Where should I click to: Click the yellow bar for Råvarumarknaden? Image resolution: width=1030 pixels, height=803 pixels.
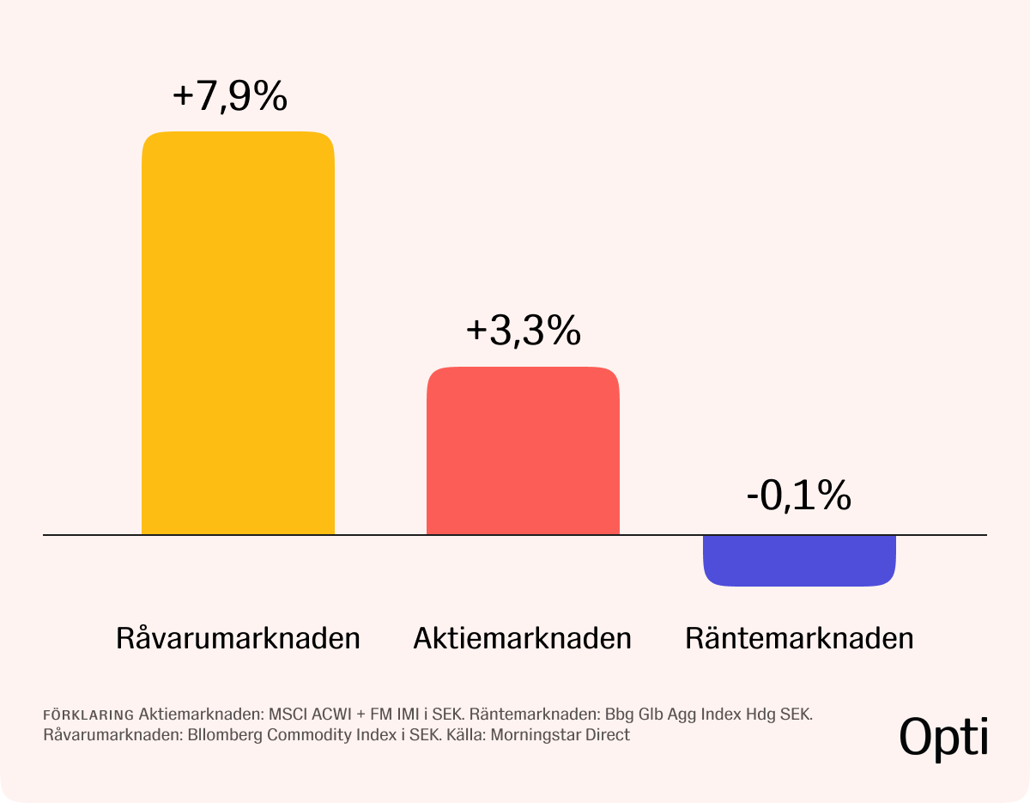pyautogui.click(x=238, y=333)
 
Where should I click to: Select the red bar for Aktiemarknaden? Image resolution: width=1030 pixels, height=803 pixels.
pyautogui.click(x=523, y=451)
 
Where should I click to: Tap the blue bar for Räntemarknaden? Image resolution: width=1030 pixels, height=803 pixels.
pyautogui.click(x=799, y=561)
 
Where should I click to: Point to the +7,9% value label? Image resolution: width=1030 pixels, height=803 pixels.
pyautogui.click(x=230, y=96)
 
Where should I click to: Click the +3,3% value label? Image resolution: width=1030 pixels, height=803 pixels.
pyautogui.click(x=524, y=331)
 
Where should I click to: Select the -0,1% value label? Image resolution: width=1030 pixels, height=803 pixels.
pyautogui.click(x=799, y=496)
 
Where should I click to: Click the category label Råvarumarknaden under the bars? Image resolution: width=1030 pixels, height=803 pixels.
pyautogui.click(x=238, y=638)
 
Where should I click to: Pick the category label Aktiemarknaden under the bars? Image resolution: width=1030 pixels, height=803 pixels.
pyautogui.click(x=523, y=638)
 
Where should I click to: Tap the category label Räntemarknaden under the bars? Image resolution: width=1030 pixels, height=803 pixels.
pyautogui.click(x=799, y=638)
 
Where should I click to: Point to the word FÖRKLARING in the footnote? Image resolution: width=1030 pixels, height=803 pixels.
pyautogui.click(x=88, y=715)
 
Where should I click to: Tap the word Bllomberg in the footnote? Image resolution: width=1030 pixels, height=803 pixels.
pyautogui.click(x=225, y=735)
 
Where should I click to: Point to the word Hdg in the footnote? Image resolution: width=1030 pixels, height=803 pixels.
pyautogui.click(x=760, y=715)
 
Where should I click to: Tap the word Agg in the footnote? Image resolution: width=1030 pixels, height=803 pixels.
pyautogui.click(x=682, y=715)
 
